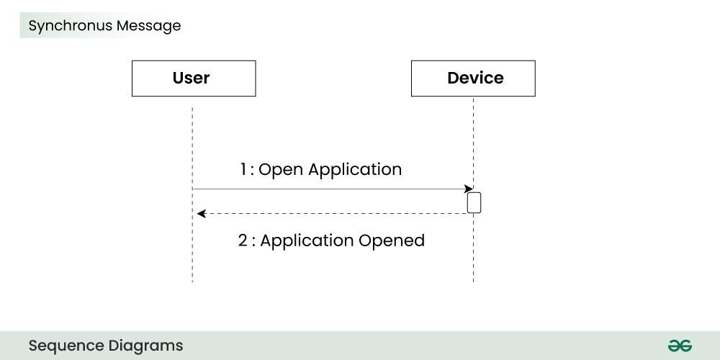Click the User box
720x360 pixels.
(193, 78)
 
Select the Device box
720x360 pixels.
(473, 78)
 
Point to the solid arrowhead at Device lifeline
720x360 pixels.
(469, 189)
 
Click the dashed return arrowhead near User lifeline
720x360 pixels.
(202, 213)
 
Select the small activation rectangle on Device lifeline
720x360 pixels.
(474, 202)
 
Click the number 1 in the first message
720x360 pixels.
(244, 170)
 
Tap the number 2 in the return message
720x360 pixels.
(243, 240)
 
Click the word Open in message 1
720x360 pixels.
(281, 170)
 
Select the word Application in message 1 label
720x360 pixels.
(355, 170)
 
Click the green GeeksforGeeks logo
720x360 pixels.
(679, 346)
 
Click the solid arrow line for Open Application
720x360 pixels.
(331, 189)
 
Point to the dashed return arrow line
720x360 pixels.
(331, 213)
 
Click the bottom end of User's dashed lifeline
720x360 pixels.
(192, 280)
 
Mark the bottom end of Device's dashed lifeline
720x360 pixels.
(473, 280)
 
